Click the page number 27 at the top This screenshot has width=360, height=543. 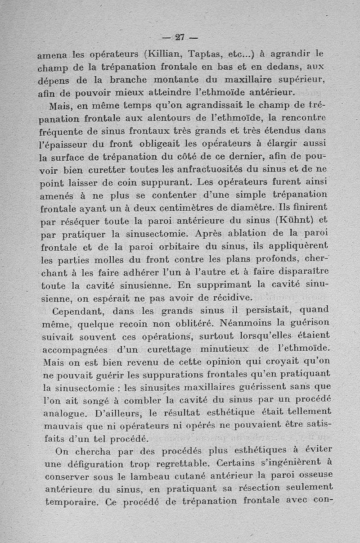180,37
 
